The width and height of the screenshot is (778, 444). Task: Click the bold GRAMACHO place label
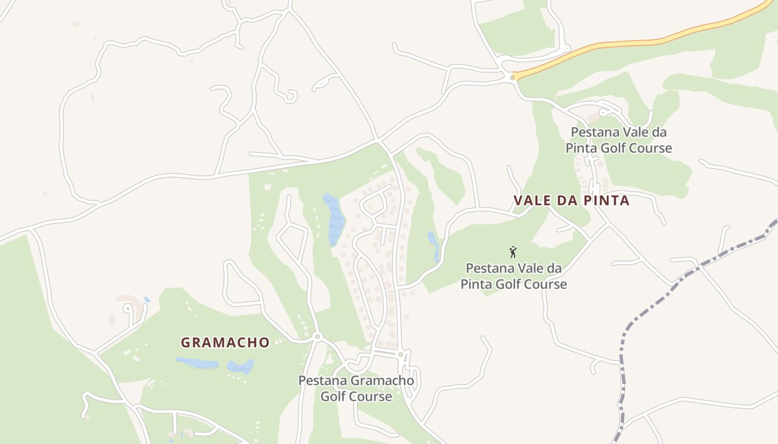pyautogui.click(x=225, y=342)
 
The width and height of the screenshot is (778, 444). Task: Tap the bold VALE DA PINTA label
pyautogui.click(x=571, y=200)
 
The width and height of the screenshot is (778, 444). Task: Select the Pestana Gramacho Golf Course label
pyautogui.click(x=356, y=389)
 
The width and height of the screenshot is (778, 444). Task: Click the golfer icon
pyautogui.click(x=513, y=252)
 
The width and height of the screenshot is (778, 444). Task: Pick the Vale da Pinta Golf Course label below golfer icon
pyautogui.click(x=513, y=276)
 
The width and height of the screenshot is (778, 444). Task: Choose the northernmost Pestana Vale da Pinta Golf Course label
pyautogui.click(x=619, y=140)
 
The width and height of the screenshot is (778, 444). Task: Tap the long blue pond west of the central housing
pyautogui.click(x=335, y=219)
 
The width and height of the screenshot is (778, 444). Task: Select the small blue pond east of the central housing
pyautogui.click(x=433, y=245)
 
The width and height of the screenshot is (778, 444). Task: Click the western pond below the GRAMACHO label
pyautogui.click(x=197, y=364)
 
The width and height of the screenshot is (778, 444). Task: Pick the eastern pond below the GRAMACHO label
pyautogui.click(x=241, y=366)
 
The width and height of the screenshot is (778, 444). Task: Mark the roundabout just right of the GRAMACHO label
pyautogui.click(x=317, y=337)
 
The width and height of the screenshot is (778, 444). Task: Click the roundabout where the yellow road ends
pyautogui.click(x=512, y=78)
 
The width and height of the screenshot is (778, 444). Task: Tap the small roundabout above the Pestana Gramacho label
pyautogui.click(x=400, y=354)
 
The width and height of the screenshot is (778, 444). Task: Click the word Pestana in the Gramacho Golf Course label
pyautogui.click(x=322, y=381)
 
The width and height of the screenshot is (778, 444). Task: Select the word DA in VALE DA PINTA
pyautogui.click(x=569, y=200)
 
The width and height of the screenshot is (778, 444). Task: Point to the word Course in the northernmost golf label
pyautogui.click(x=651, y=148)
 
